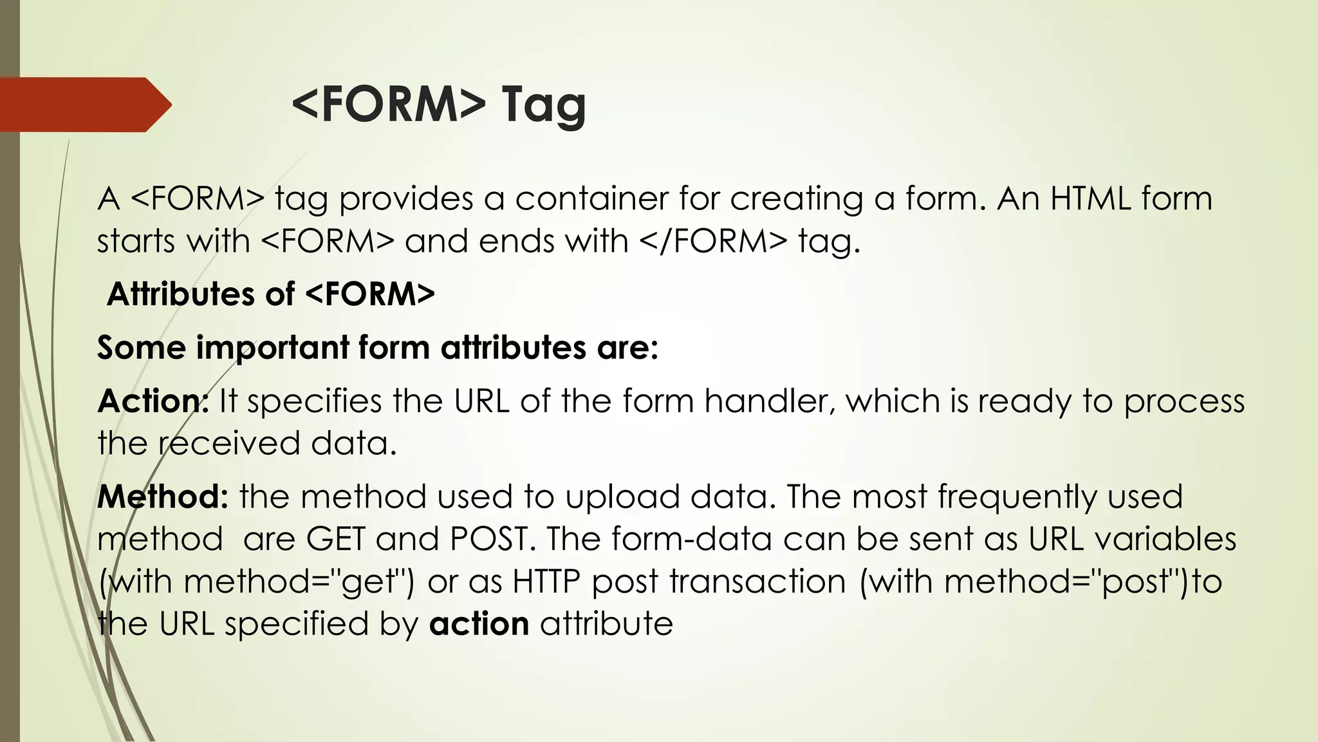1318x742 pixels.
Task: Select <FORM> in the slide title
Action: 389,104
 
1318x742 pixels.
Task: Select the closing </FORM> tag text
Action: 713,242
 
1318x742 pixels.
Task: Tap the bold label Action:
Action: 153,401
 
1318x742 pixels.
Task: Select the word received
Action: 229,443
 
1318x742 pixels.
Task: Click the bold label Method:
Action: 162,497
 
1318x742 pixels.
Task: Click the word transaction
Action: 757,582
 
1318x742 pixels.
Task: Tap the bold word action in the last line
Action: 479,624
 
